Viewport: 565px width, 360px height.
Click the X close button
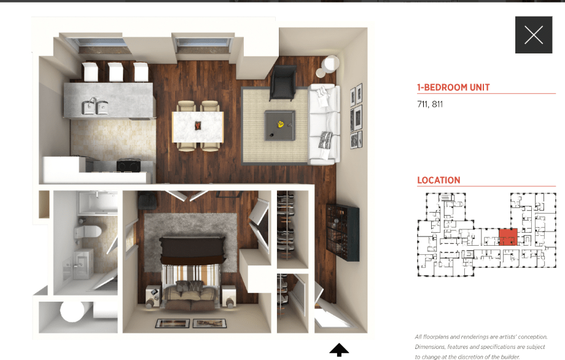point(534,35)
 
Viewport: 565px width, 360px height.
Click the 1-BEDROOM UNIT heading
point(453,87)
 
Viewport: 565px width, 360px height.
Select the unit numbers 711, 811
point(430,104)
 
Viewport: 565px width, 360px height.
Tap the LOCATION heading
point(438,180)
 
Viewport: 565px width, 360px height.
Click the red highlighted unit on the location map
point(507,237)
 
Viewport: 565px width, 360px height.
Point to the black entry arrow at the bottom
point(339,351)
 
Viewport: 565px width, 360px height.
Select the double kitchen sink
point(96,108)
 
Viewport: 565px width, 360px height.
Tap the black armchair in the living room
point(282,83)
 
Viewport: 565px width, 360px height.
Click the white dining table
point(197,126)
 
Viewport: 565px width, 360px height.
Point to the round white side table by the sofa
point(330,65)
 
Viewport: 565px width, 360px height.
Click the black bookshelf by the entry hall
point(343,232)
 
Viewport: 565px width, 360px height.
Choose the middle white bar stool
point(116,72)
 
